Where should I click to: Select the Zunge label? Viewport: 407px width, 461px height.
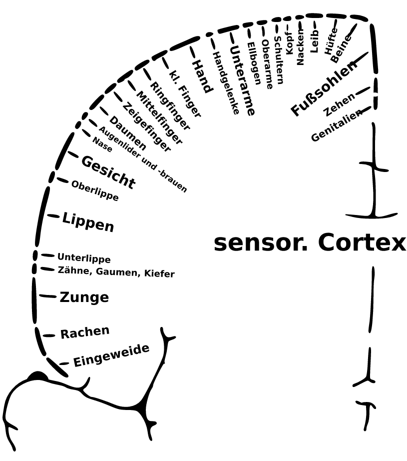[x=84, y=297]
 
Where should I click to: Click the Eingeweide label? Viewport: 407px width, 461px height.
[x=111, y=355]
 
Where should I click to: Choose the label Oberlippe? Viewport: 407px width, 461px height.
[x=95, y=191]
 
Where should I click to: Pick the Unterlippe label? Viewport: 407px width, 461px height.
[x=84, y=258]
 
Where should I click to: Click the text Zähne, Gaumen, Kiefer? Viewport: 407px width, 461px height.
[x=116, y=273]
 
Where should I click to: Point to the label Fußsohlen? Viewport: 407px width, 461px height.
[x=324, y=88]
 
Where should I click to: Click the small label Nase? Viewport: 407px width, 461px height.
[x=102, y=144]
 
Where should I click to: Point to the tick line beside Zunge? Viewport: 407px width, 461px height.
[x=47, y=296]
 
